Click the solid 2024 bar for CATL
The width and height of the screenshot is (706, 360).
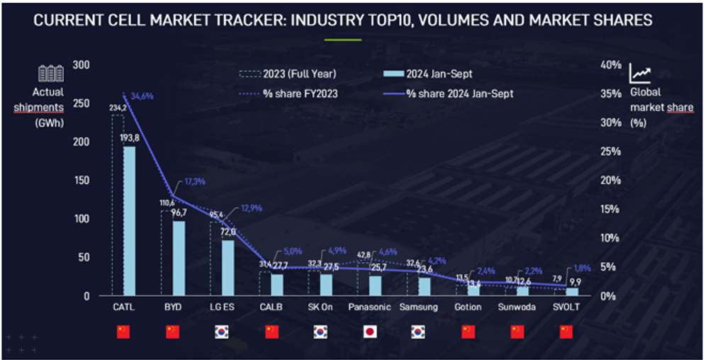pyautogui.click(x=130, y=220)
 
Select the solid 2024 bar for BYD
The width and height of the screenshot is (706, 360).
pyautogui.click(x=179, y=258)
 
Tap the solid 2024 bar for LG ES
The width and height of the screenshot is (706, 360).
pyautogui.click(x=228, y=267)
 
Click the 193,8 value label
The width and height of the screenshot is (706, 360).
pyautogui.click(x=129, y=137)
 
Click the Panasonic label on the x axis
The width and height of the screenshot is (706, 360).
pyautogui.click(x=369, y=308)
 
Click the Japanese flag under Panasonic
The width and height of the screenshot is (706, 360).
pyautogui.click(x=369, y=332)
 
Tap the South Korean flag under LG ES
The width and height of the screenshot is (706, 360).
pyautogui.click(x=221, y=332)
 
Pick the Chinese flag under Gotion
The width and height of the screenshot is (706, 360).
pyautogui.click(x=467, y=332)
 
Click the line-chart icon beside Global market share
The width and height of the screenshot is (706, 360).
pyautogui.click(x=640, y=72)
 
